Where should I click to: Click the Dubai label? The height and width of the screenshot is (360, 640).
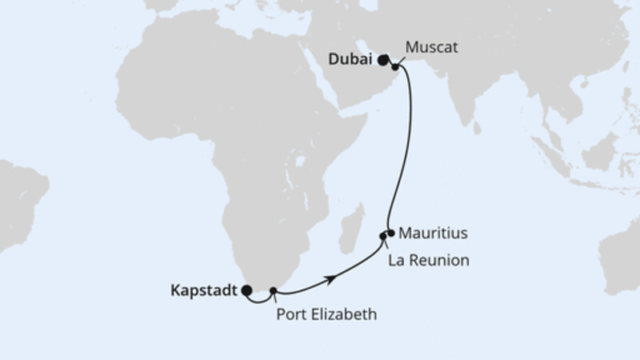pyautogui.click(x=350, y=59)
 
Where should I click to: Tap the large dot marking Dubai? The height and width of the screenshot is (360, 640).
pyautogui.click(x=384, y=59)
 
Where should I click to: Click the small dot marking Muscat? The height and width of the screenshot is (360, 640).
pyautogui.click(x=395, y=67)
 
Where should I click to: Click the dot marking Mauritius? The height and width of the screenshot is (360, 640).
pyautogui.click(x=390, y=234)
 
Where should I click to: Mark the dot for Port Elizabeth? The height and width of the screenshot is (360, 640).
pyautogui.click(x=274, y=290)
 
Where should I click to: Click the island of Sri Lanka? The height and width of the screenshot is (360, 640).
pyautogui.click(x=477, y=128)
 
